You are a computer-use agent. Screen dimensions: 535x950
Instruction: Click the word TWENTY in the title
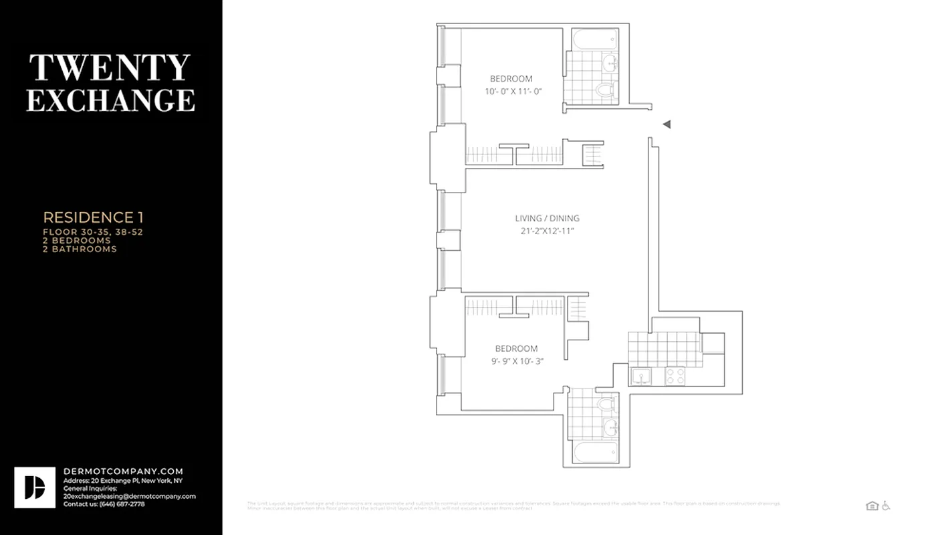110,68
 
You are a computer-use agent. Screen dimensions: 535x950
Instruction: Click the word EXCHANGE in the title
110,100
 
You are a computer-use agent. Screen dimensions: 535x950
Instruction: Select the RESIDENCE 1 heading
93,217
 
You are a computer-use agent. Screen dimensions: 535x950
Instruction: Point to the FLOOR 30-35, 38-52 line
93,232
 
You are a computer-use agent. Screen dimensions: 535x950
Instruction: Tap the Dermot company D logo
35,488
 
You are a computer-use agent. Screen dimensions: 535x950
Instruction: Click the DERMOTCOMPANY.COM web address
123,471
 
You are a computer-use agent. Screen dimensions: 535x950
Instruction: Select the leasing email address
130,496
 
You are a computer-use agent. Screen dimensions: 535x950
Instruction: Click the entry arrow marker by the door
666,124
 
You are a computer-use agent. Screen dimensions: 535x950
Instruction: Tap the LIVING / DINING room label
547,218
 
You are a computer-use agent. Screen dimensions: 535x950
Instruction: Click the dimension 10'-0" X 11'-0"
513,91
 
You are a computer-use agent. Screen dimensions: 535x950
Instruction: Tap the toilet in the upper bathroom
606,90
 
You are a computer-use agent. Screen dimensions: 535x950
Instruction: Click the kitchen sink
642,377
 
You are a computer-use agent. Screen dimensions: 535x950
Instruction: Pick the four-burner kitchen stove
675,377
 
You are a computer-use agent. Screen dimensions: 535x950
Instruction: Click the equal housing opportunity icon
872,506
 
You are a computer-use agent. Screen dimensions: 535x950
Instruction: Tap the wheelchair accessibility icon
886,506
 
